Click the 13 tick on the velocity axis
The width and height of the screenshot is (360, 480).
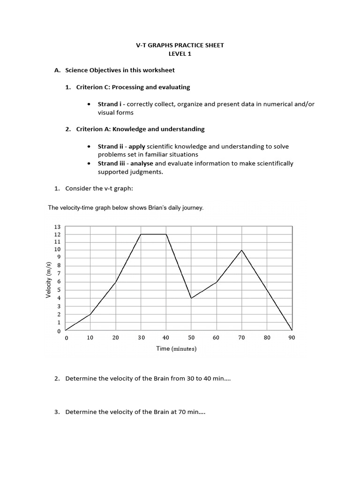click(58, 226)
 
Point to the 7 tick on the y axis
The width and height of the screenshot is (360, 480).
click(59, 273)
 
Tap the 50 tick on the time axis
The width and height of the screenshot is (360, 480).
click(191, 337)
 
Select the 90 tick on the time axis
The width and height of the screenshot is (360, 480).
click(292, 337)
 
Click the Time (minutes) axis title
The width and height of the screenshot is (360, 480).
click(176, 349)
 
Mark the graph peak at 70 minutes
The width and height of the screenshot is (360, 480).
click(241, 250)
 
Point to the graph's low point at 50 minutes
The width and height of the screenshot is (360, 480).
click(191, 298)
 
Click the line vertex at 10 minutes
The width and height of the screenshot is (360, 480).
click(90, 315)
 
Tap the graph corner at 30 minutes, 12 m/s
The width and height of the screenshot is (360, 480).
click(141, 234)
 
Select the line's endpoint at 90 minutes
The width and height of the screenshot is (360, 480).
click(292, 330)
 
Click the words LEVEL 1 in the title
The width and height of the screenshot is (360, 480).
click(180, 54)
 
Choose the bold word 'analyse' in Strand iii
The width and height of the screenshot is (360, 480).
click(142, 164)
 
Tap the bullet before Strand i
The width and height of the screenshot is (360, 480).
click(89, 104)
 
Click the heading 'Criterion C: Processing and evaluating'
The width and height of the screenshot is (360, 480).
click(133, 87)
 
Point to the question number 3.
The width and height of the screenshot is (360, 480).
click(57, 412)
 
